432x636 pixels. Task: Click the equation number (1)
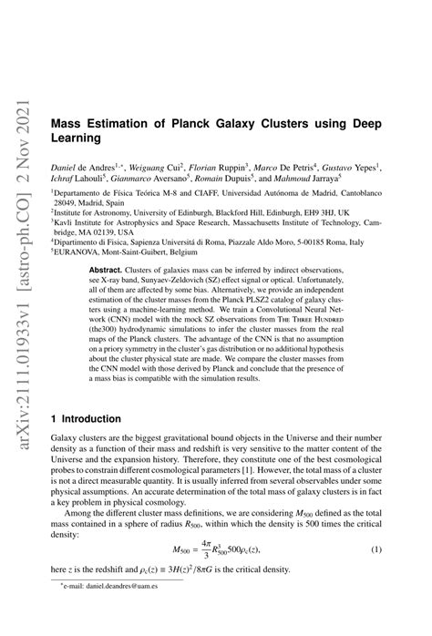[375, 576]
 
